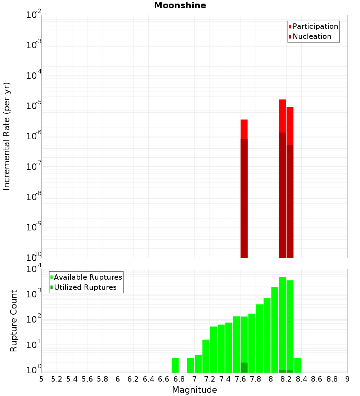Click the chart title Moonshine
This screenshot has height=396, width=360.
click(x=180, y=5)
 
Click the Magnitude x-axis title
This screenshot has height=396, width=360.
click(x=194, y=390)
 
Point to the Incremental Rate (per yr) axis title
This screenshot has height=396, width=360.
click(x=7, y=136)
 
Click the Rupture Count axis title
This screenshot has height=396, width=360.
click(x=14, y=321)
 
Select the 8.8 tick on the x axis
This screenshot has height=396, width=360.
click(x=332, y=379)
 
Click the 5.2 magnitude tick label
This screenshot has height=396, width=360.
click(x=57, y=379)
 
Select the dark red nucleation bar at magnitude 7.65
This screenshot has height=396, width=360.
click(x=244, y=198)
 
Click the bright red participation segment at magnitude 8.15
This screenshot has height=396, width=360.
click(x=282, y=115)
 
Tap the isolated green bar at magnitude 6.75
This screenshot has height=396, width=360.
click(x=175, y=365)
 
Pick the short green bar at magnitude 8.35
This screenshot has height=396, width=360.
click(x=298, y=365)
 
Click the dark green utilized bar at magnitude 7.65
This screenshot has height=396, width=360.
click(x=244, y=368)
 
